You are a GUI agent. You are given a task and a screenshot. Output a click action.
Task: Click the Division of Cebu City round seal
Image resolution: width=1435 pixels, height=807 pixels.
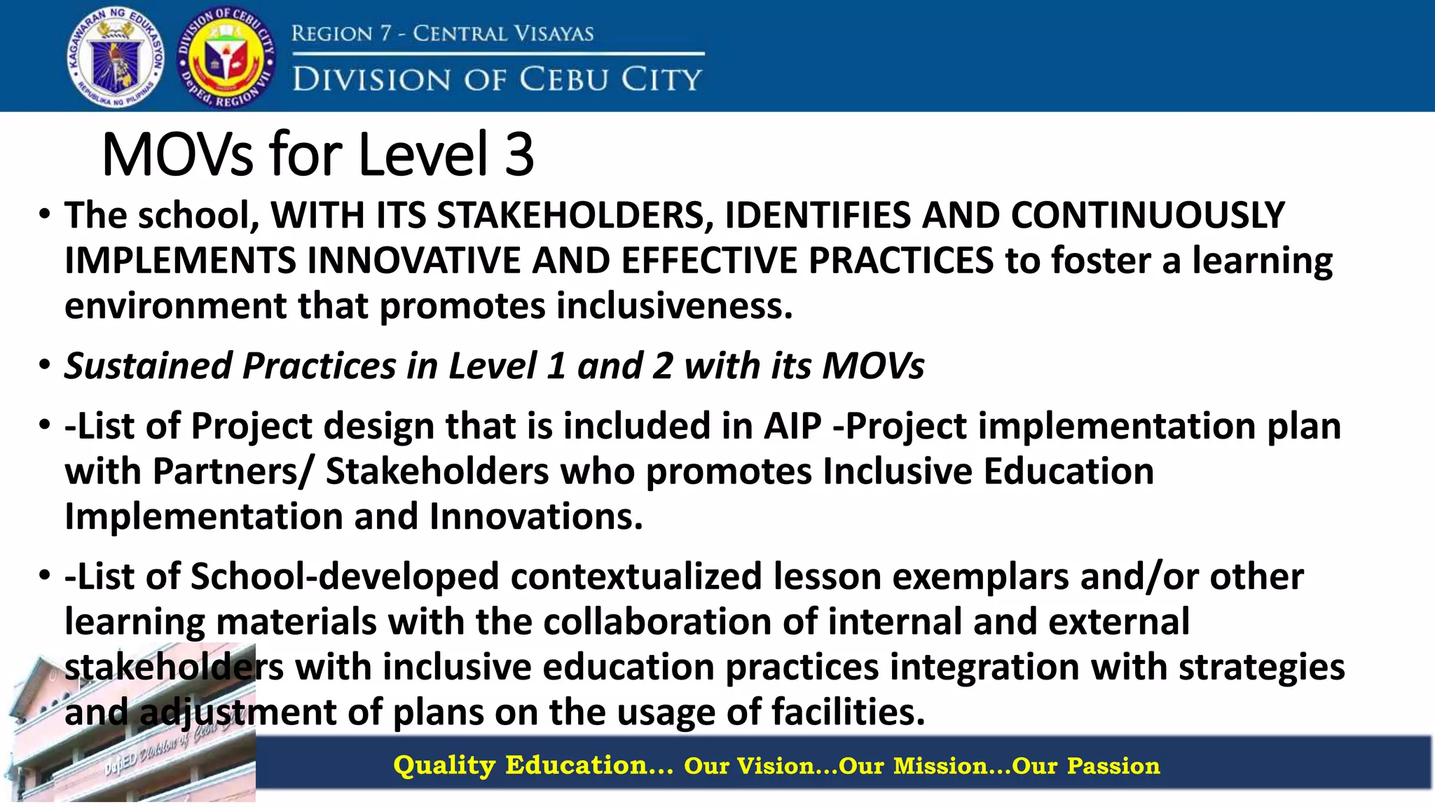tap(226, 57)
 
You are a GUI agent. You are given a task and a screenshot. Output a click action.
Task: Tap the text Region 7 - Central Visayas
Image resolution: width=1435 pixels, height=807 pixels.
tap(442, 33)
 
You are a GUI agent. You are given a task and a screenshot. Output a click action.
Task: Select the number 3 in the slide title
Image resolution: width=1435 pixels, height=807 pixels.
tap(519, 154)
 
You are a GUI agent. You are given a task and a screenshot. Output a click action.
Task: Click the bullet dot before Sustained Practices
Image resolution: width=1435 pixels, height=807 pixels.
tap(45, 366)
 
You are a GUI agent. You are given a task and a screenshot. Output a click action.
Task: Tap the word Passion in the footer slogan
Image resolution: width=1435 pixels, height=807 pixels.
tap(1113, 766)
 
